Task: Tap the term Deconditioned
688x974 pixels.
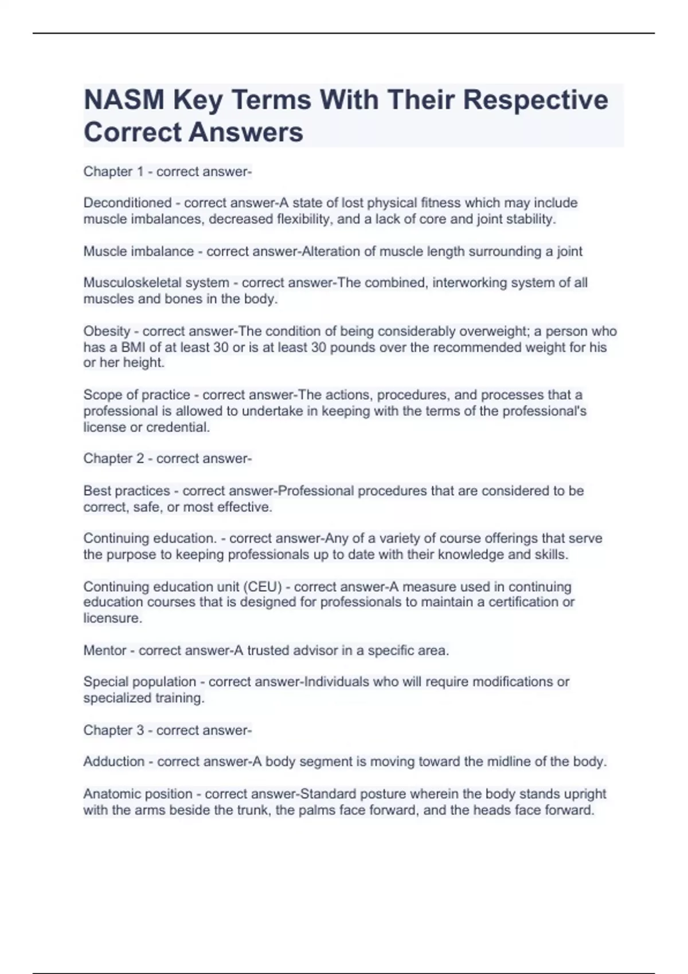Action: pyautogui.click(x=127, y=203)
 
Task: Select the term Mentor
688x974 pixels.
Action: pyautogui.click(x=105, y=650)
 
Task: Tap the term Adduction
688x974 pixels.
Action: pyautogui.click(x=114, y=761)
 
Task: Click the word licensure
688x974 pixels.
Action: pyautogui.click(x=112, y=618)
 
